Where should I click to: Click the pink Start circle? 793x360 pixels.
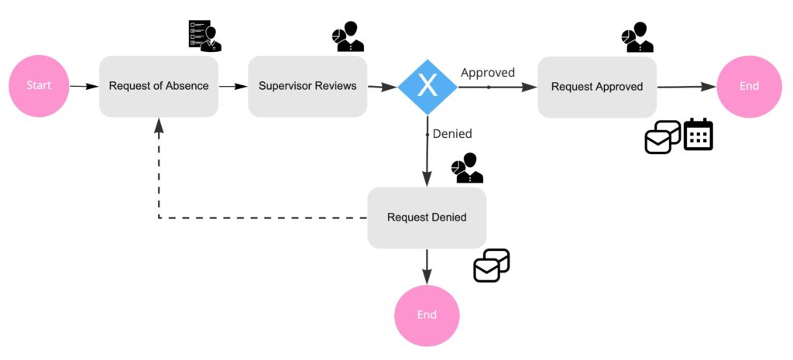point(39,85)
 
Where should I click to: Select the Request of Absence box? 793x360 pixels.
point(159,86)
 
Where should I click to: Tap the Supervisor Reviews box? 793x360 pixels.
point(307,86)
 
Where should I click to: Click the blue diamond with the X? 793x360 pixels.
point(427,87)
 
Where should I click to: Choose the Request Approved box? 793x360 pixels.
point(597,87)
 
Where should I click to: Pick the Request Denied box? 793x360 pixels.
point(427,218)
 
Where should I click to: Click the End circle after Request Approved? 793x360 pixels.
point(749,86)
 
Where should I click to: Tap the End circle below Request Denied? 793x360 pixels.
point(427,315)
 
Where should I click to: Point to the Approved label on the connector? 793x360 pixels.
point(488,73)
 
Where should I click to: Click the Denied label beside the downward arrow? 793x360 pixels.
point(452,134)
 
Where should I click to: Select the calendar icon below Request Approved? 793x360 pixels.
point(698,135)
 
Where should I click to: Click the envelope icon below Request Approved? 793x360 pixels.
point(663,137)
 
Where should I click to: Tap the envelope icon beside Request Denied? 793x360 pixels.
point(492,266)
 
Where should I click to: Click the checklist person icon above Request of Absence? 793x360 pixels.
point(204,36)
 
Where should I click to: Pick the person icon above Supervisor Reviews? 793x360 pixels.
point(348,36)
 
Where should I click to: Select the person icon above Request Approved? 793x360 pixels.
point(637,36)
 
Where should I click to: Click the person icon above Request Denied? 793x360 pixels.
point(467,168)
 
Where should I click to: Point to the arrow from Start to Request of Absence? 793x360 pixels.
point(84,86)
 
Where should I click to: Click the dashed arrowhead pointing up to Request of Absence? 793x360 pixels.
point(159,125)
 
